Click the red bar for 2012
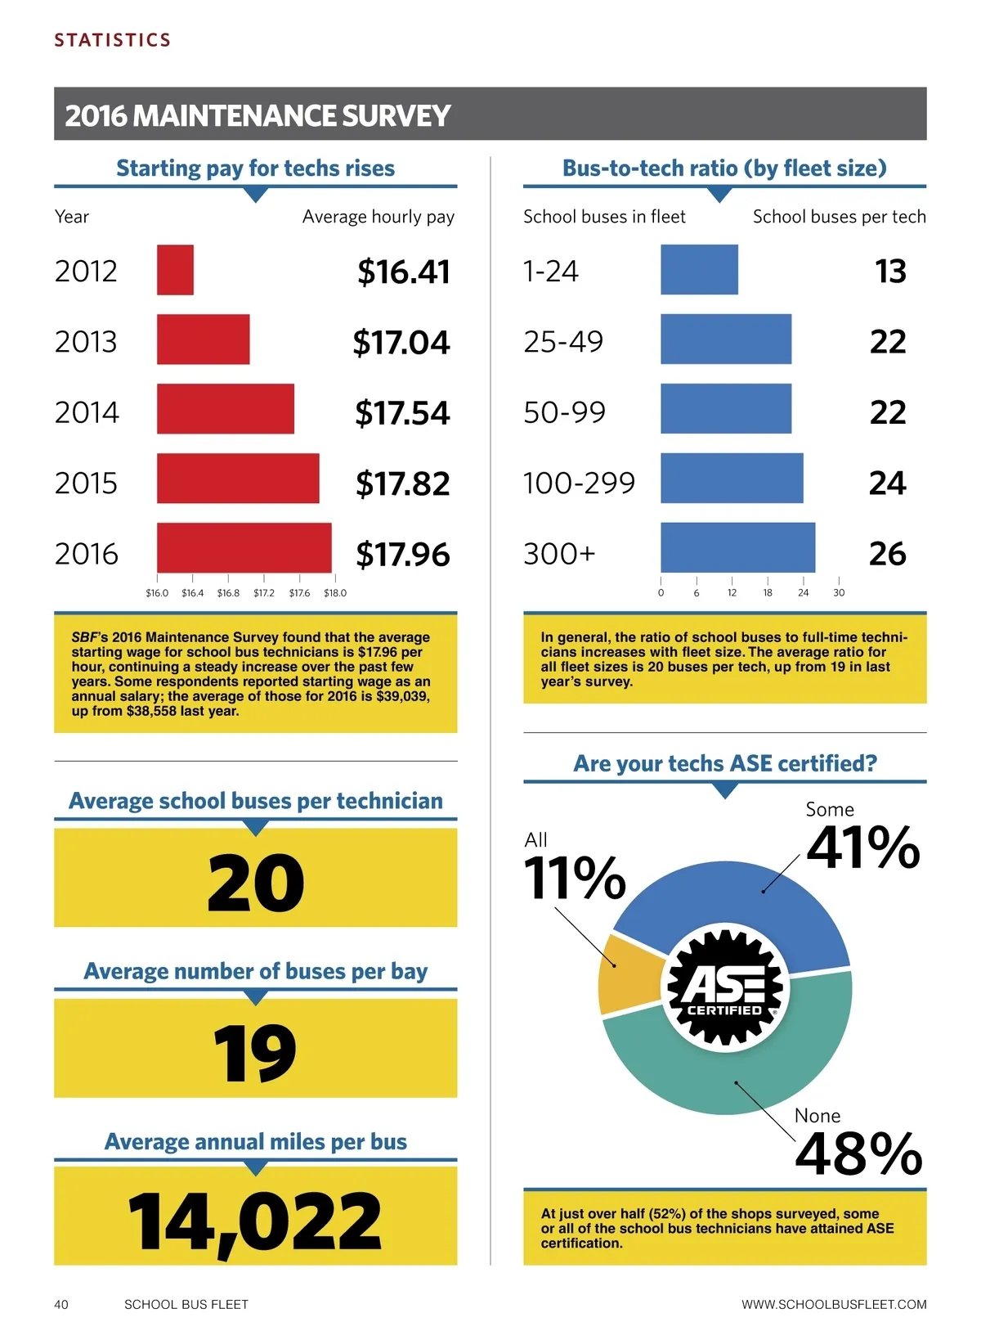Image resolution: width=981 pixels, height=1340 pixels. point(175,270)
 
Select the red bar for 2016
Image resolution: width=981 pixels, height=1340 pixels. point(244,547)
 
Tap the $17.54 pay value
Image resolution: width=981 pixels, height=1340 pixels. point(401,412)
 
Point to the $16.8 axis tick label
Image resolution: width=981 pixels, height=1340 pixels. point(228,593)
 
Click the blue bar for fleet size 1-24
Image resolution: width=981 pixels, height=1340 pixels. point(699,270)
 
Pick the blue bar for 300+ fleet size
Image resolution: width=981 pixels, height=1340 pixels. point(737,547)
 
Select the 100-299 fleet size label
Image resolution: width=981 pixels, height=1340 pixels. point(579,483)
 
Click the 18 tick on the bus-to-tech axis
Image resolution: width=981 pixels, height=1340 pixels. point(768,593)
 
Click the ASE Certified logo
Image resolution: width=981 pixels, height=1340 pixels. point(725,988)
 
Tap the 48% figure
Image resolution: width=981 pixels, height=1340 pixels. point(858,1153)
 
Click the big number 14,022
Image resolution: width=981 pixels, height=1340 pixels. point(255,1221)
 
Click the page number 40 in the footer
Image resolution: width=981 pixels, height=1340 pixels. point(61,1305)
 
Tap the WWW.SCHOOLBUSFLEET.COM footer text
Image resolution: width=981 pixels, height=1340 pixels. point(834,1305)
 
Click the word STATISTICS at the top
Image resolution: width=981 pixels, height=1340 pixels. point(113,40)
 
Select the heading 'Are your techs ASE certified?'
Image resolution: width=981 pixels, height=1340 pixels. point(725,763)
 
